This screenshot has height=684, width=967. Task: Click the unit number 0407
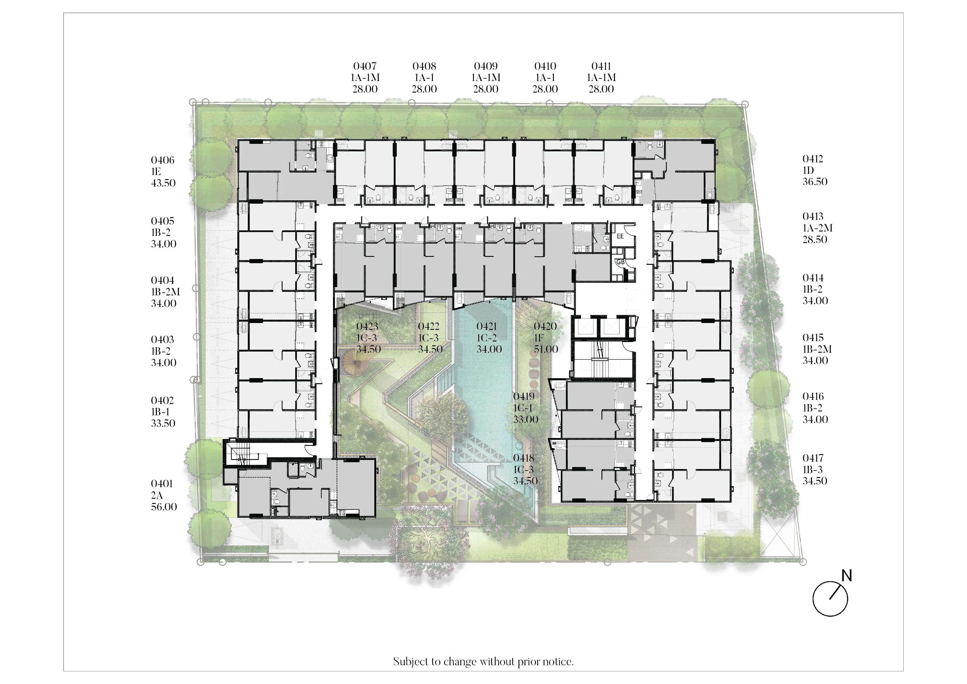coord(365,66)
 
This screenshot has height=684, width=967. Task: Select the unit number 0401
coord(162,484)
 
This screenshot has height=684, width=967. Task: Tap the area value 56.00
coord(164,507)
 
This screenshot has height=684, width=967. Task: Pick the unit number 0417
coord(813,458)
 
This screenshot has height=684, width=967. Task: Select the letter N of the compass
coord(847,576)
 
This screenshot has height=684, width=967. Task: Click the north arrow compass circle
coord(830,599)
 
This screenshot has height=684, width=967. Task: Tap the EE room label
coord(620,236)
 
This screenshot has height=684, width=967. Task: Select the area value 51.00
coord(546,349)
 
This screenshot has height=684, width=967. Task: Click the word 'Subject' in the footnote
coord(410,662)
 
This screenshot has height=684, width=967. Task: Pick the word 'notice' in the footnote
coord(560,662)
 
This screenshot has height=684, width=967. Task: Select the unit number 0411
coord(601,66)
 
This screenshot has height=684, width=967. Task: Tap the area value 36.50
coord(815,182)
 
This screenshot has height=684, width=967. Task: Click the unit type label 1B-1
coord(160,412)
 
